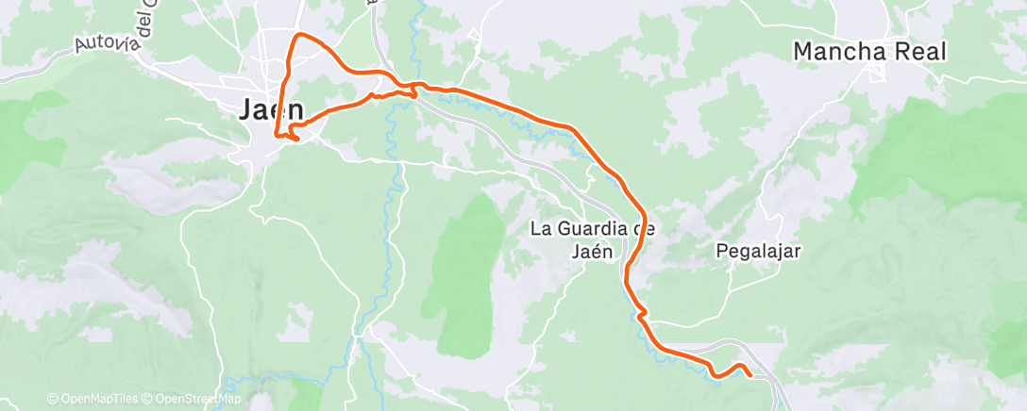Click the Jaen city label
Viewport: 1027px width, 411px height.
coord(270,110)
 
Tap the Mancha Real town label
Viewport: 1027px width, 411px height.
coord(868,52)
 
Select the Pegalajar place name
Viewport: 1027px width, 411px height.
coord(758,252)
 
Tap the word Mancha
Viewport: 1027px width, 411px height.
coord(837,52)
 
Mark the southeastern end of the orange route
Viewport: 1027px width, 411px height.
coord(751,375)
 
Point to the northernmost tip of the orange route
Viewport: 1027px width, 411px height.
coord(300,34)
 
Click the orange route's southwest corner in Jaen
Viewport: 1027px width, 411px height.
coord(276,135)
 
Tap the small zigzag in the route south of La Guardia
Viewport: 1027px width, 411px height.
coord(642,313)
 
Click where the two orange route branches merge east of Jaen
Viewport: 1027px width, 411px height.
coord(413,87)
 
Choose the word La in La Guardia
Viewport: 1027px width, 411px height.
coord(540,229)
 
